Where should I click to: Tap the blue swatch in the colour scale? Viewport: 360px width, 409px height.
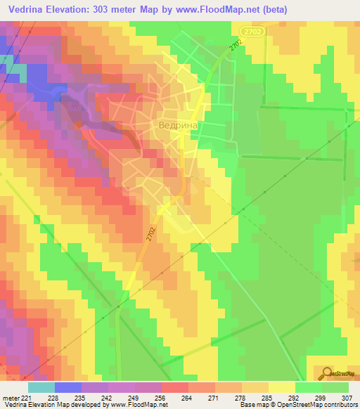point(67,387)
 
